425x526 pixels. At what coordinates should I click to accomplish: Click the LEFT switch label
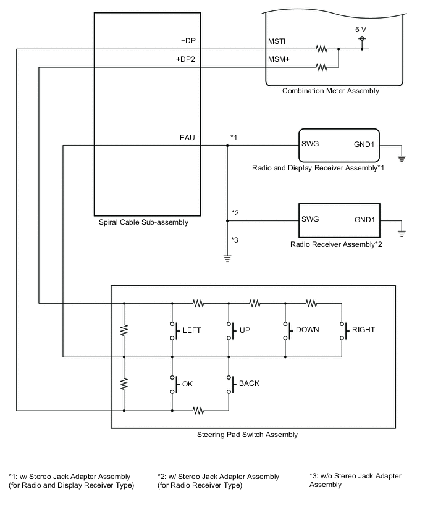tap(192, 330)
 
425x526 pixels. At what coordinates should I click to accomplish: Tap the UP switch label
tap(245, 330)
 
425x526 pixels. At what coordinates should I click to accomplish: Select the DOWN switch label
tap(307, 330)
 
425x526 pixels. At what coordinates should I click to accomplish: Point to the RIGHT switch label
tap(364, 330)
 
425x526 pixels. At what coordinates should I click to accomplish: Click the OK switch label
tap(187, 383)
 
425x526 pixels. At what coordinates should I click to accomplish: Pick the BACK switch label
tap(249, 383)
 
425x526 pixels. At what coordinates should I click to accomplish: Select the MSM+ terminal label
tap(279, 59)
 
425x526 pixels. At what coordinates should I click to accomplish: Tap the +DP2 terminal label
tap(185, 59)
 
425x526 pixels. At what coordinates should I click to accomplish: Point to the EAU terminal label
tap(187, 138)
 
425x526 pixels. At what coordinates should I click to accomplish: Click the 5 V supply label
tap(360, 29)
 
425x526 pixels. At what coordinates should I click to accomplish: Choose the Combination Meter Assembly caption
tap(330, 91)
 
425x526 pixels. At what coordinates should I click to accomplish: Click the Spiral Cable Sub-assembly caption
tap(143, 222)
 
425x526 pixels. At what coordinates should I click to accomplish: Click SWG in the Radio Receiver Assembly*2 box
tap(309, 219)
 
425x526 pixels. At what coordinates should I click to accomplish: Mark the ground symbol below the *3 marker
tap(227, 257)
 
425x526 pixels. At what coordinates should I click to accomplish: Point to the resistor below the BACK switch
tap(198, 410)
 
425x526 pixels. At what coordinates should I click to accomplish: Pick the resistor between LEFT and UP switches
tap(198, 303)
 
